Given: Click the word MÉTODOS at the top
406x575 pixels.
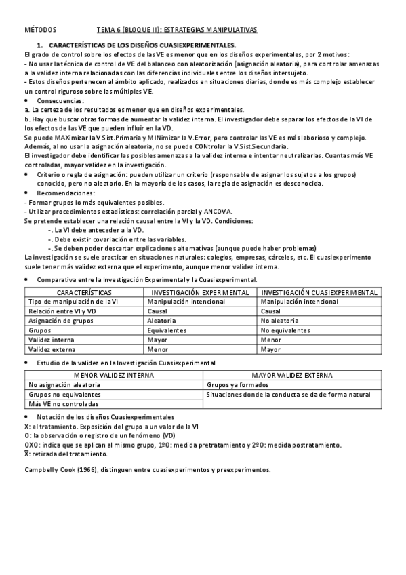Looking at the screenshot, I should pyautogui.click(x=40, y=31).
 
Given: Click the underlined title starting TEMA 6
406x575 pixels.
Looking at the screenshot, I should pyautogui.click(x=177, y=31).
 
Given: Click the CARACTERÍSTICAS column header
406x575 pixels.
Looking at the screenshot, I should pyautogui.click(x=84, y=292).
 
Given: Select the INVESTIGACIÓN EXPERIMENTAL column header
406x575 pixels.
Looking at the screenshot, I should pyautogui.click(x=201, y=292).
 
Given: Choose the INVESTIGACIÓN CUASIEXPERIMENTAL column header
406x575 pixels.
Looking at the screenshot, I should pyautogui.click(x=319, y=292).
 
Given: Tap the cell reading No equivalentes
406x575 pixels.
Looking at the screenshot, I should pyautogui.click(x=285, y=330).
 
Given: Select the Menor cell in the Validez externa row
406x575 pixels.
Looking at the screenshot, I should pyautogui.click(x=158, y=349).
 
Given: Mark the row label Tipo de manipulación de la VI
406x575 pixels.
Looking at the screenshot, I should pyautogui.click(x=73, y=301).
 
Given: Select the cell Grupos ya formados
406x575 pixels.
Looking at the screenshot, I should pyautogui.click(x=238, y=384).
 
